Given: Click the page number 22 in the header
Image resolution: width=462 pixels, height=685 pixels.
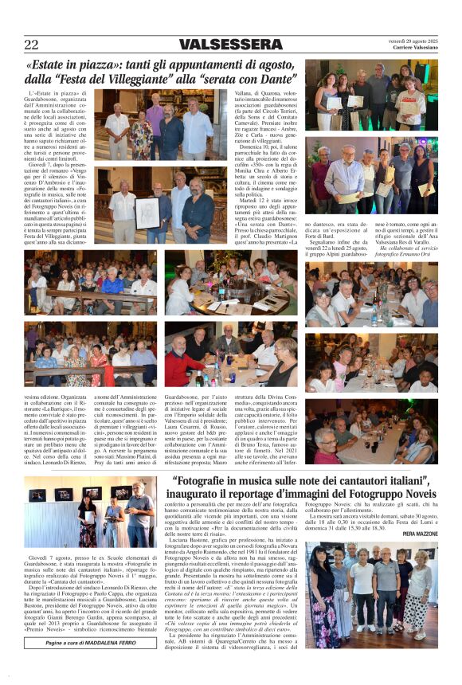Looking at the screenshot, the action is point(31,45).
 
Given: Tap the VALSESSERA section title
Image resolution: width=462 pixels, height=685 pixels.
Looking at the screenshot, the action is point(229,45).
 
